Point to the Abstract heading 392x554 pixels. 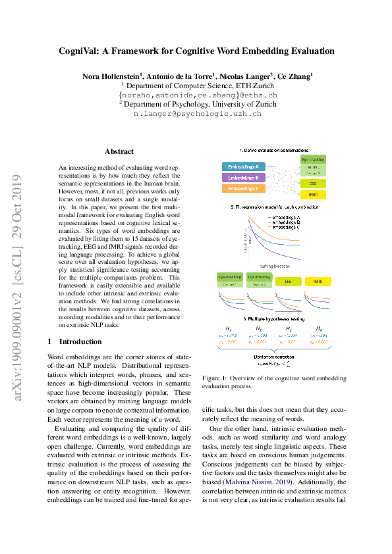(x=119, y=151)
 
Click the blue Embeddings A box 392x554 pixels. (x=242, y=166)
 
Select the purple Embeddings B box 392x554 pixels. (x=242, y=178)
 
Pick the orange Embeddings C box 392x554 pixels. (x=242, y=189)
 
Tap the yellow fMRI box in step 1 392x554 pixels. (x=313, y=195)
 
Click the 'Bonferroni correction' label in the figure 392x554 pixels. (x=273, y=356)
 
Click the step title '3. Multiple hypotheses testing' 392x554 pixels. (x=273, y=318)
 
